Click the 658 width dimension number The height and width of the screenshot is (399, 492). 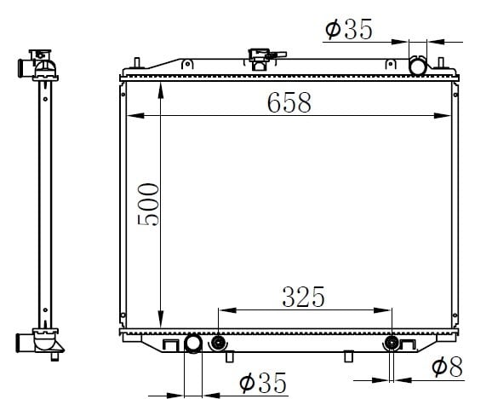tap(289, 102)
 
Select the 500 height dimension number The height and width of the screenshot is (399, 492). tap(148, 205)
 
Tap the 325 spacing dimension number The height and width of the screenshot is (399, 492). tap(303, 297)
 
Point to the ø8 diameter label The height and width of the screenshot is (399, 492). tap(447, 367)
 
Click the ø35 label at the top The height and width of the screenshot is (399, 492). tap(349, 29)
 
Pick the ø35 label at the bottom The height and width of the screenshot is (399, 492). tap(263, 383)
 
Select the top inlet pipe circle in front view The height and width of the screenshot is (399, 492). tap(418, 66)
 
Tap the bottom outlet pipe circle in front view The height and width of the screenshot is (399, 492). tap(193, 344)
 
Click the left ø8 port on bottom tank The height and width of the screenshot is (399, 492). tap(217, 343)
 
